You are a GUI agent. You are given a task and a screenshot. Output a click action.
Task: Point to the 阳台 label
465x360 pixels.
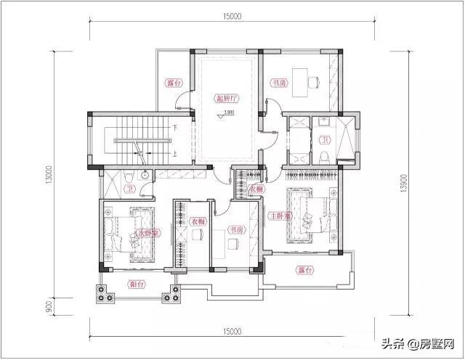pos(136,285)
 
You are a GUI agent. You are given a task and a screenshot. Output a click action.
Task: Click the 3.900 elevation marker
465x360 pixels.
pos(229,112)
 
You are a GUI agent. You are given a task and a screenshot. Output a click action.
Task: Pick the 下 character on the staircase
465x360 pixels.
pos(176,128)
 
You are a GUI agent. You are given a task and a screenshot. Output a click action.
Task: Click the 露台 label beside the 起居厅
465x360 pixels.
pos(173,83)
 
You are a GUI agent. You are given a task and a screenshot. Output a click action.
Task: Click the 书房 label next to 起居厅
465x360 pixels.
pos(278,83)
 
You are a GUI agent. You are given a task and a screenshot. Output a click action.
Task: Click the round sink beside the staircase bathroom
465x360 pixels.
pos(145,175)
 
